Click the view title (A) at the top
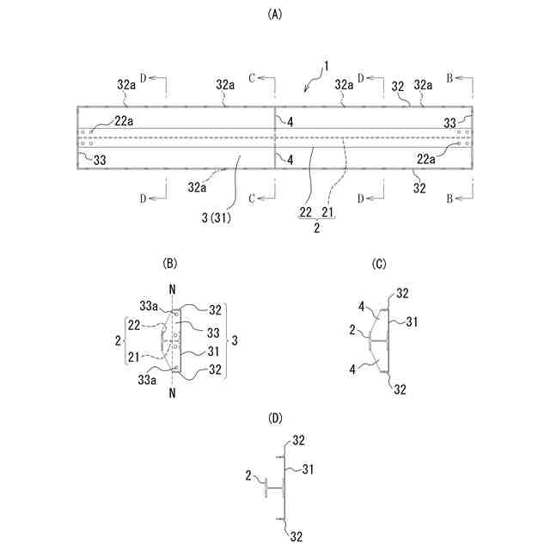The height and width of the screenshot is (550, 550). (274, 14)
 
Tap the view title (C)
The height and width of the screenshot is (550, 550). (379, 264)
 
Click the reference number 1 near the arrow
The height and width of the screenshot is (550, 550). (327, 67)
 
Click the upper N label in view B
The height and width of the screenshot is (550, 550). (173, 290)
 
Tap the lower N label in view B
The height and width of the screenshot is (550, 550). (174, 394)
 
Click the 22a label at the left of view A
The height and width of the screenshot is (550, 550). (124, 120)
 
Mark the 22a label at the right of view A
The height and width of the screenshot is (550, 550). (426, 158)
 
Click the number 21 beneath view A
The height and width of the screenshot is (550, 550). (328, 212)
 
